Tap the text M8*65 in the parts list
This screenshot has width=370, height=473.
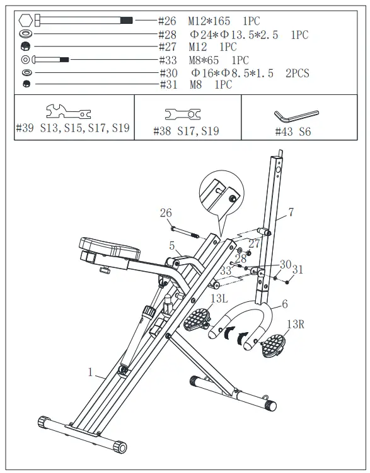(205, 60)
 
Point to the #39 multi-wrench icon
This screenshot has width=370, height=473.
(69, 112)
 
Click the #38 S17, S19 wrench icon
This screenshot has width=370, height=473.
(183, 114)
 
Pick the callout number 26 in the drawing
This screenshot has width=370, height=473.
(165, 214)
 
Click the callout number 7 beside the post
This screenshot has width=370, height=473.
(291, 213)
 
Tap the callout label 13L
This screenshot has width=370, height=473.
(219, 299)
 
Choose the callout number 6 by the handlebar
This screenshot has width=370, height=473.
(284, 304)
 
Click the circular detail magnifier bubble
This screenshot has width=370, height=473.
(220, 191)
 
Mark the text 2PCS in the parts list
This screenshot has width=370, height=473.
(297, 73)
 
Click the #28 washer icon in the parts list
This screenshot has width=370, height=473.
(26, 34)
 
